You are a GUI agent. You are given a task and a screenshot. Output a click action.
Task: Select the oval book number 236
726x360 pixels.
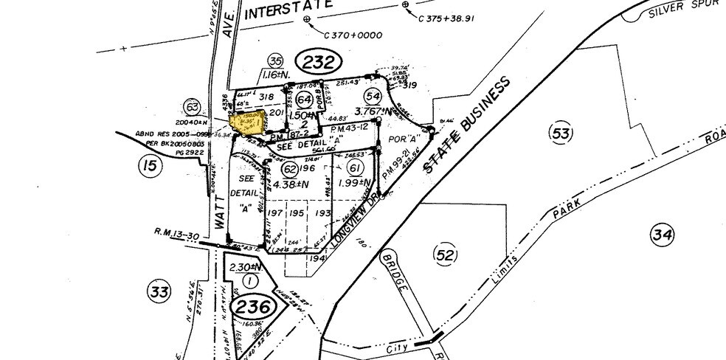[249, 306]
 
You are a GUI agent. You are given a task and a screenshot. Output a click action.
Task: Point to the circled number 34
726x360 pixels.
[661, 235]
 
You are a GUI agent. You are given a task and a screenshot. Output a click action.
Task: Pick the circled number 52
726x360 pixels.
[444, 255]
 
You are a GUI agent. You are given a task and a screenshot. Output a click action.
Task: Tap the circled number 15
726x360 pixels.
[150, 167]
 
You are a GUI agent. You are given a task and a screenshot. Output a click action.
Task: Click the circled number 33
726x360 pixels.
[159, 290]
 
